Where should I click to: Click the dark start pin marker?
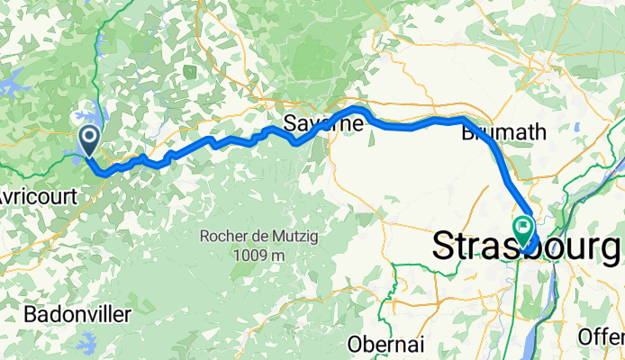pos(90,140)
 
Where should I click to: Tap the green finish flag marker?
pos(523,229)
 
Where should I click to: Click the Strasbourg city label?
pos(528,246)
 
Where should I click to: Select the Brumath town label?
pos(503,132)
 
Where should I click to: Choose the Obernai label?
pos(385,344)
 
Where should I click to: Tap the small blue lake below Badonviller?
pos(87,342)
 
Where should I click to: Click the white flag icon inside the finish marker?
pos(523,225)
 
